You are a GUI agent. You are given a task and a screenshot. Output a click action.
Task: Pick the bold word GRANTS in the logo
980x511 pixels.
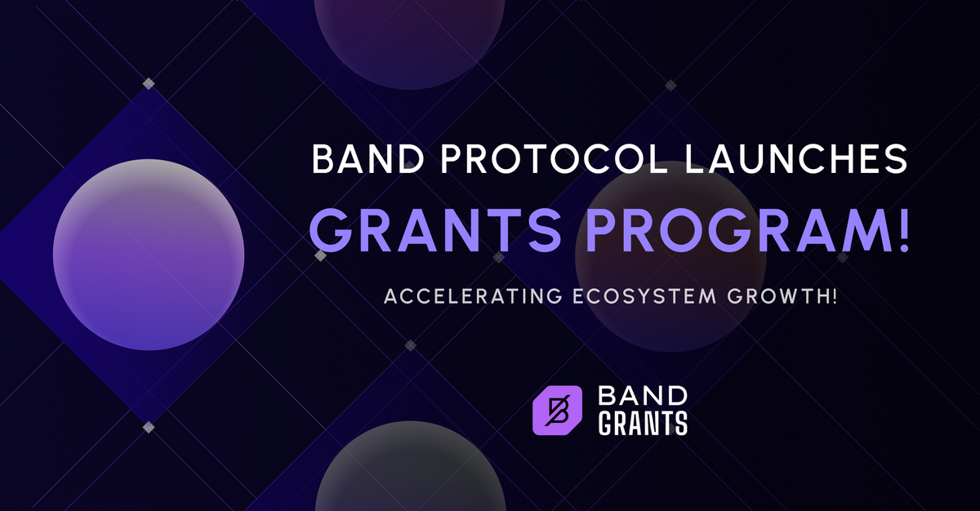(x=643, y=424)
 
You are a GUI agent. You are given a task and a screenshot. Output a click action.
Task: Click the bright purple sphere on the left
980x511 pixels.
(x=149, y=255)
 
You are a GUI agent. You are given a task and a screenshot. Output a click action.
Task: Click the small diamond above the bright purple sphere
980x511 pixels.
(x=149, y=84)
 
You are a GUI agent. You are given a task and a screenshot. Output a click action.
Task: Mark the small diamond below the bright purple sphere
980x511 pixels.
(x=149, y=427)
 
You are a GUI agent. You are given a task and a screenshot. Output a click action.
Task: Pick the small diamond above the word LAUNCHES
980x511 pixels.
(x=670, y=85)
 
